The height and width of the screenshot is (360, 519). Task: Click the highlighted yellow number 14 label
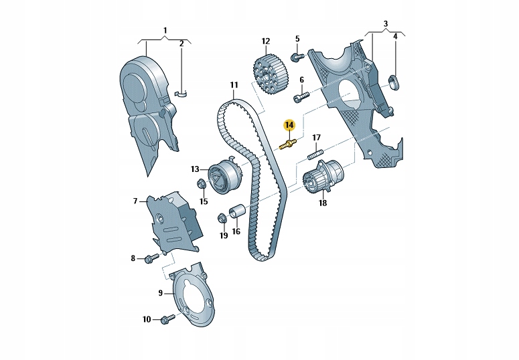289,125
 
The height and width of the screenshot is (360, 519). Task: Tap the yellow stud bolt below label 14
289,145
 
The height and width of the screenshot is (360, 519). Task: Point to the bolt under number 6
300,96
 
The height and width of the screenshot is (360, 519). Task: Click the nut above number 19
221,217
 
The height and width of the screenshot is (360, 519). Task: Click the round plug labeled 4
393,82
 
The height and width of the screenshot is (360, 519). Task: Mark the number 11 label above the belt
234,85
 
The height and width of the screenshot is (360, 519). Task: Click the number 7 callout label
135,200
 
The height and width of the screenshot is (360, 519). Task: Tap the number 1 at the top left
165,30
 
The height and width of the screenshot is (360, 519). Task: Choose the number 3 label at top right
385,25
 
